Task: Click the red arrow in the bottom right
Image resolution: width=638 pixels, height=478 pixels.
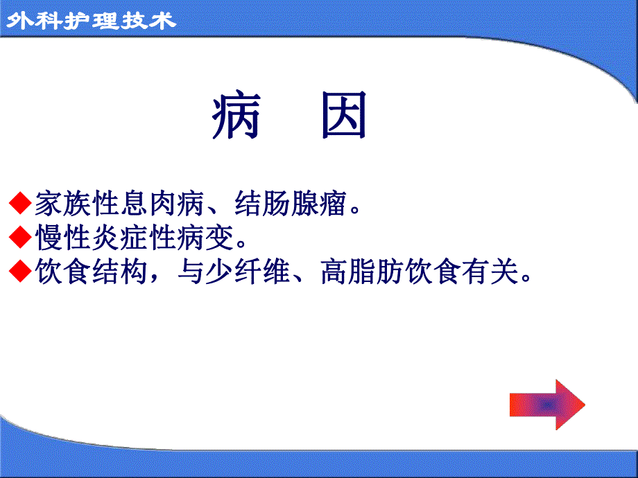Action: coord(547,405)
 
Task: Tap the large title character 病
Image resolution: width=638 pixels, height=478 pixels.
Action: coord(236,116)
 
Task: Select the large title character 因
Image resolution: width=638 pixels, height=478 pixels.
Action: coord(343,116)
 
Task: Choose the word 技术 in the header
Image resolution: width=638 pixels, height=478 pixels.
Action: coord(148,21)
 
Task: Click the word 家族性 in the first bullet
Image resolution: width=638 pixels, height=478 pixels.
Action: coord(77,203)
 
